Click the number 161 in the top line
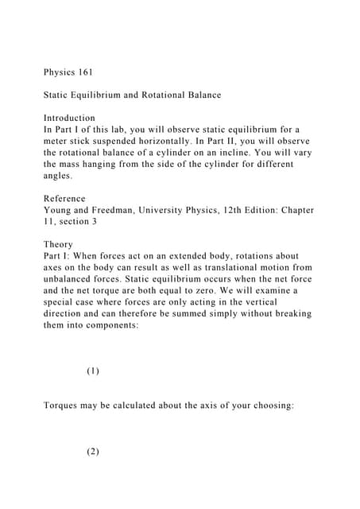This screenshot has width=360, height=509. pos(84,72)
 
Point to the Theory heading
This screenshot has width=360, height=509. pos(59,244)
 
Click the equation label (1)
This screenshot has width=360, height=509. pos(93,371)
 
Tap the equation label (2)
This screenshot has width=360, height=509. pos(93,452)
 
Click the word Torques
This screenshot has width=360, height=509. pos(64,406)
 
